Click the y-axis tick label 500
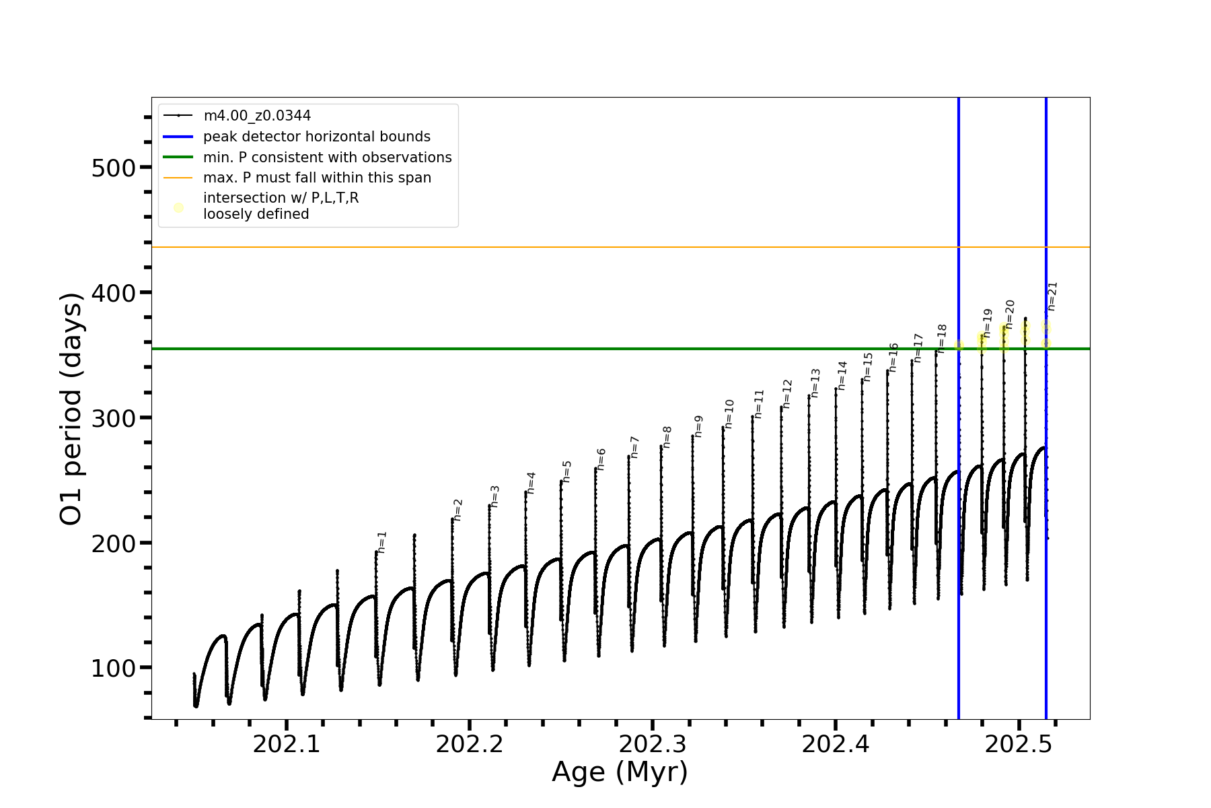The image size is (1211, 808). tap(114, 168)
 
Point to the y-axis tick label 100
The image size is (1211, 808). tap(114, 668)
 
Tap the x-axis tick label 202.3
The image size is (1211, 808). tap(652, 744)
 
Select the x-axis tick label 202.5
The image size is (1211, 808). tap(1018, 744)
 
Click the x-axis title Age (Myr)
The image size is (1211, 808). tap(620, 772)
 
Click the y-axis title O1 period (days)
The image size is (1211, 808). tap(71, 409)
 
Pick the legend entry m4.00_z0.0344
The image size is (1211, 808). tap(257, 116)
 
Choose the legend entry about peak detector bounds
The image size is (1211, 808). tap(316, 137)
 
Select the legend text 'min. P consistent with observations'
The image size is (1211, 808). tap(327, 158)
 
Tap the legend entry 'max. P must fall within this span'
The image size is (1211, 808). tap(317, 178)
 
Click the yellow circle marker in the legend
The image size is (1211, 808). tap(178, 207)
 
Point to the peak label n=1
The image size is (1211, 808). tap(382, 542)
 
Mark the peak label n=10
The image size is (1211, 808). tap(729, 414)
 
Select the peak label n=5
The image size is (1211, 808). tap(566, 471)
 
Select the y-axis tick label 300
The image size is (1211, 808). tap(114, 418)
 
